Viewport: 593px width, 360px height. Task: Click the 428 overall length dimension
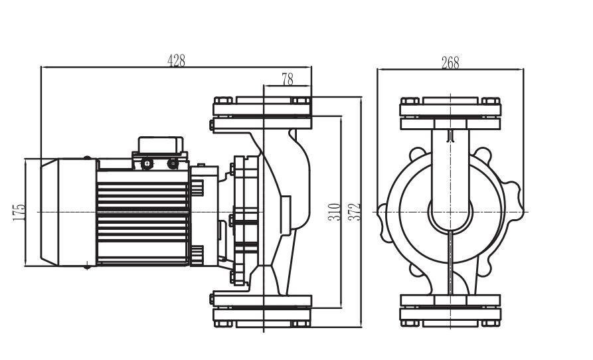coord(176,60)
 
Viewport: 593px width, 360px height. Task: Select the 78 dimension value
coord(287,80)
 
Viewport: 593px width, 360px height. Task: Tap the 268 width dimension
coord(450,63)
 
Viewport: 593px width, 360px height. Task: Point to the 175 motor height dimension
coord(19,212)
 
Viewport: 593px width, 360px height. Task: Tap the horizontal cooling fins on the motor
coord(143,212)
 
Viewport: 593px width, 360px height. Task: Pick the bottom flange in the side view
coord(262,310)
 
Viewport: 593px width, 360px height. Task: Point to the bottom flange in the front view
coord(450,310)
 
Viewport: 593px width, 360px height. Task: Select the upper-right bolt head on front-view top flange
coord(491,101)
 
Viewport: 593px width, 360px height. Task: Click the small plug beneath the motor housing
coord(87,267)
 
